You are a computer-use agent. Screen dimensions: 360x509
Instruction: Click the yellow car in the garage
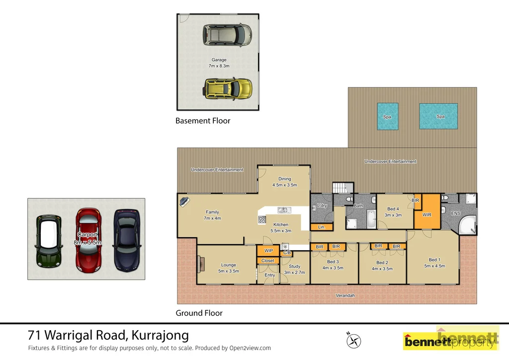(x=228, y=89)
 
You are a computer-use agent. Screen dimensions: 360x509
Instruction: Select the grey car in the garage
(x=227, y=35)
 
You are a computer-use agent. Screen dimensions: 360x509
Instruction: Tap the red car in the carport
(x=88, y=240)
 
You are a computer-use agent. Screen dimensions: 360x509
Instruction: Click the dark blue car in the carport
(x=127, y=240)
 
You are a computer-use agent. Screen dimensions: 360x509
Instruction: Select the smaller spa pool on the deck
(x=387, y=116)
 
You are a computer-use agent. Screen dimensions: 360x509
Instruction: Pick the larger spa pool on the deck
(x=438, y=116)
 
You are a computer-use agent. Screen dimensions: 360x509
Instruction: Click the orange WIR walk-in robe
(x=427, y=214)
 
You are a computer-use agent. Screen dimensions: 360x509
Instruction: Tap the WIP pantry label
(x=268, y=251)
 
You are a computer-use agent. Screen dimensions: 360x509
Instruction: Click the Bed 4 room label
(x=393, y=209)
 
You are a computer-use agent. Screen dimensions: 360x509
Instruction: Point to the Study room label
(x=294, y=267)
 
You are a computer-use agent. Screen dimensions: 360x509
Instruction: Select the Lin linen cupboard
(x=321, y=227)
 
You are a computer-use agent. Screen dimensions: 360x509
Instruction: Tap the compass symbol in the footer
(x=354, y=341)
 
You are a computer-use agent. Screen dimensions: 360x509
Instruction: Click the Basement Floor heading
(x=203, y=121)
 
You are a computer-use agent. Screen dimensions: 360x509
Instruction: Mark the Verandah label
(x=344, y=295)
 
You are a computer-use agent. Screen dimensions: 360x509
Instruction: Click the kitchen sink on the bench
(x=284, y=210)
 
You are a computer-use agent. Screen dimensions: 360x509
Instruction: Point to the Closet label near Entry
(x=267, y=261)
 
